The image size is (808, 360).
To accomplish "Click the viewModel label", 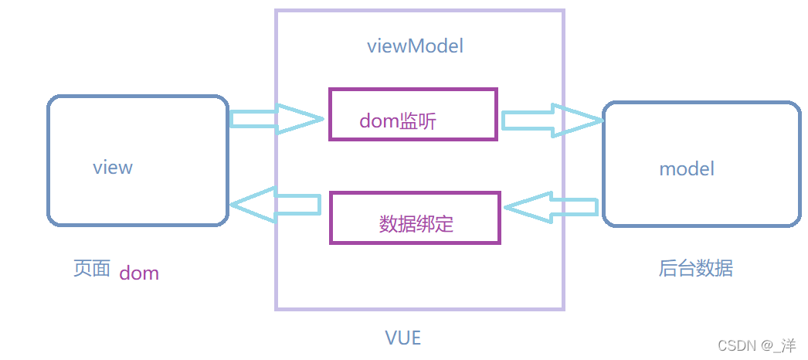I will pyautogui.click(x=415, y=46).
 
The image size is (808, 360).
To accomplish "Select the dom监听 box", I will pyautogui.click(x=413, y=114).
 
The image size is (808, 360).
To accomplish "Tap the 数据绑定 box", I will pyautogui.click(x=416, y=218).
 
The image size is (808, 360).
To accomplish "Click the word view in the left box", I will pyautogui.click(x=113, y=167).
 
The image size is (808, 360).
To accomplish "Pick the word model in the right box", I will pyautogui.click(x=686, y=168).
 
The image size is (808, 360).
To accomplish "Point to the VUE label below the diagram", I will pyautogui.click(x=403, y=338).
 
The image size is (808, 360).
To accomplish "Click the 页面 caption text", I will pyautogui.click(x=91, y=269).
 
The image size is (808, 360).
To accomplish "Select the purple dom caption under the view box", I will pyautogui.click(x=139, y=273).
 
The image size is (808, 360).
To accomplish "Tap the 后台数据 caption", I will pyautogui.click(x=695, y=268).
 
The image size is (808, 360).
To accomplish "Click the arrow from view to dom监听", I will pyautogui.click(x=275, y=118).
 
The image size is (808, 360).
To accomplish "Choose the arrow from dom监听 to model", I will pyautogui.click(x=551, y=120).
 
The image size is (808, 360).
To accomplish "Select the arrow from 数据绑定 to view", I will pyautogui.click(x=275, y=205).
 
